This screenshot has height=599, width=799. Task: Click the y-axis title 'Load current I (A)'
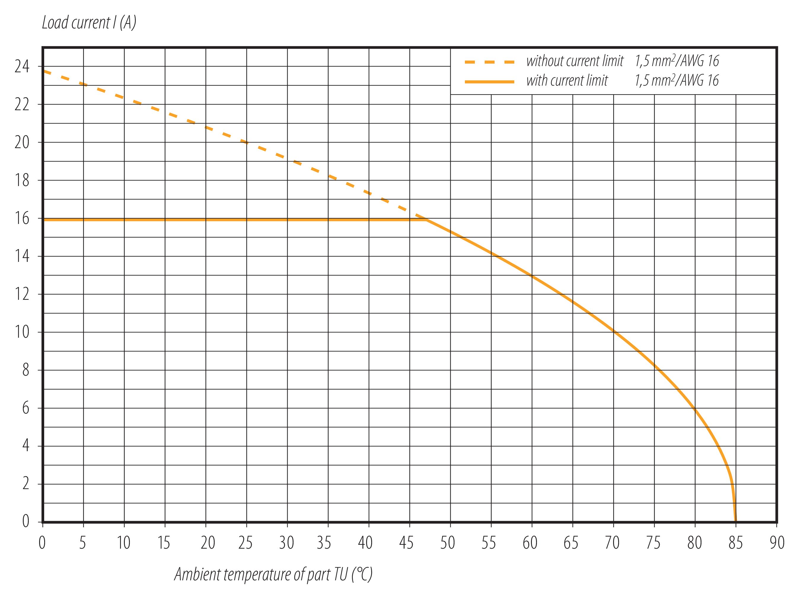89,23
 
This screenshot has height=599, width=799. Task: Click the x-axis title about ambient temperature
273,574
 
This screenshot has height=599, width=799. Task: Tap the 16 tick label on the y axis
22,219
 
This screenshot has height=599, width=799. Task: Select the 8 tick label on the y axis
25,370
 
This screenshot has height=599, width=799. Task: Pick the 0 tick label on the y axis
25,521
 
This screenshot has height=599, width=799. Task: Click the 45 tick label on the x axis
406,543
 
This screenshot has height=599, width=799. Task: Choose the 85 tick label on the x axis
736,543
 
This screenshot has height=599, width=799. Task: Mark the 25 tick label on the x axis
245,543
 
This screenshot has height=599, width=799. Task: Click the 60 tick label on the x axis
530,543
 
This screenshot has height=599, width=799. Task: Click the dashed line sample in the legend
489,62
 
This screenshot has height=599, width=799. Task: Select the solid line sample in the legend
489,82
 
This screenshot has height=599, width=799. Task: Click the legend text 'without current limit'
575,61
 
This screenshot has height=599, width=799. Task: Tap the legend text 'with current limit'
567,81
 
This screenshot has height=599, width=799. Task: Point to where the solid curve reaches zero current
735,521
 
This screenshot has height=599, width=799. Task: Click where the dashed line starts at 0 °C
44,71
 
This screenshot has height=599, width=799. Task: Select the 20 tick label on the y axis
22,143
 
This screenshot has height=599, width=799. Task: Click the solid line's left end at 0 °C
44,220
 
